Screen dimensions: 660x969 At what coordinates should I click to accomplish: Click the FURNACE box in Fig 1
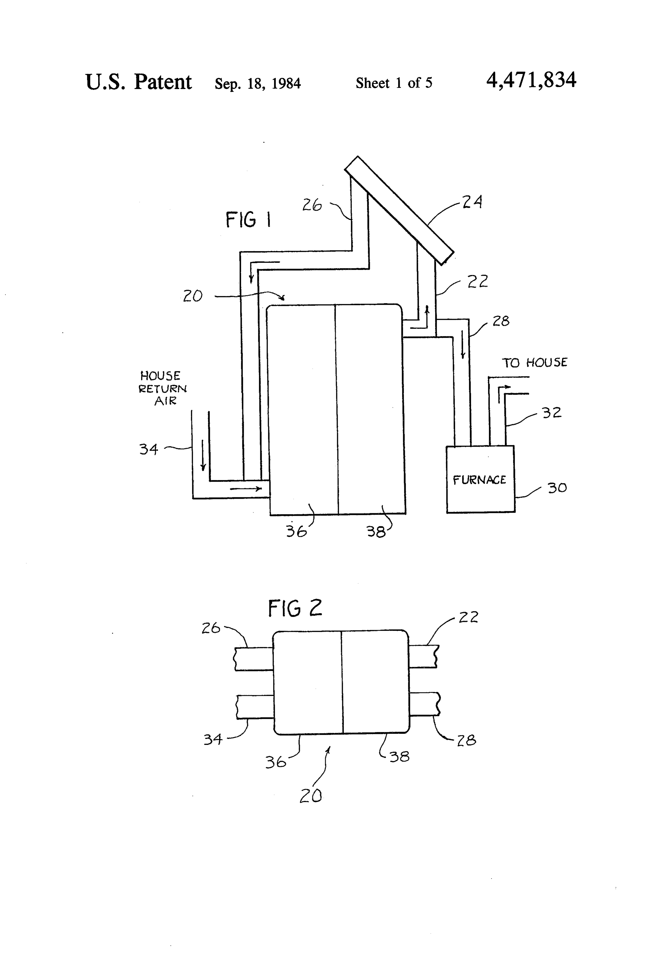tap(480, 479)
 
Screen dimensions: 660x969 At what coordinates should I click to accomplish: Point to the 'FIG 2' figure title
tap(295, 608)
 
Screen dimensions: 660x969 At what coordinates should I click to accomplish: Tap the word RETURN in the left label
tap(162, 389)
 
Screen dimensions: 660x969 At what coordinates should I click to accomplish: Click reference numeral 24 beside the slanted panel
tap(472, 202)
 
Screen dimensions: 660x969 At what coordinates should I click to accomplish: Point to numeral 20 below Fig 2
tap(311, 796)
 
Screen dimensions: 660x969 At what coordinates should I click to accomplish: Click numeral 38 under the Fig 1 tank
tap(376, 532)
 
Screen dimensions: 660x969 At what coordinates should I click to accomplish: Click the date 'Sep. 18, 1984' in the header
tap(258, 83)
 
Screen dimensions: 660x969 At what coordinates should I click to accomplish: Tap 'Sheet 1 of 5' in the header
tap(394, 83)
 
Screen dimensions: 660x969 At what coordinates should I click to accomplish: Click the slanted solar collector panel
tap(399, 211)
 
